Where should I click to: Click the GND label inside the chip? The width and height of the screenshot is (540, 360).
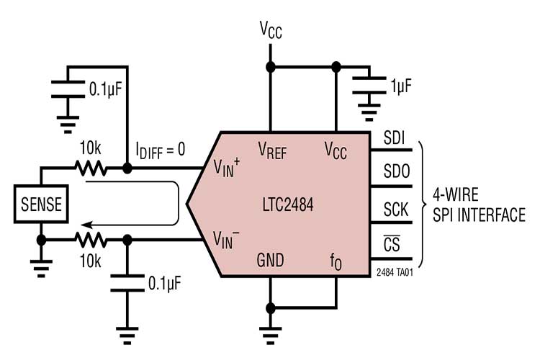(x=271, y=259)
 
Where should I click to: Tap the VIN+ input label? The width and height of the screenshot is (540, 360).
(x=228, y=167)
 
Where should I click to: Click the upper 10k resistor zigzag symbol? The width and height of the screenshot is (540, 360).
(x=91, y=169)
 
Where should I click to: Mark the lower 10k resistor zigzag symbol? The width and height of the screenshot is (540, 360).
(x=91, y=240)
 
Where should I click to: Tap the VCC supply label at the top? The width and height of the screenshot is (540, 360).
(x=271, y=30)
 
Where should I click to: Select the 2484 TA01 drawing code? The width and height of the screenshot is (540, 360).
(x=395, y=274)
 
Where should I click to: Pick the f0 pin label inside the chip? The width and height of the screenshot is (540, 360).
(x=336, y=260)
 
